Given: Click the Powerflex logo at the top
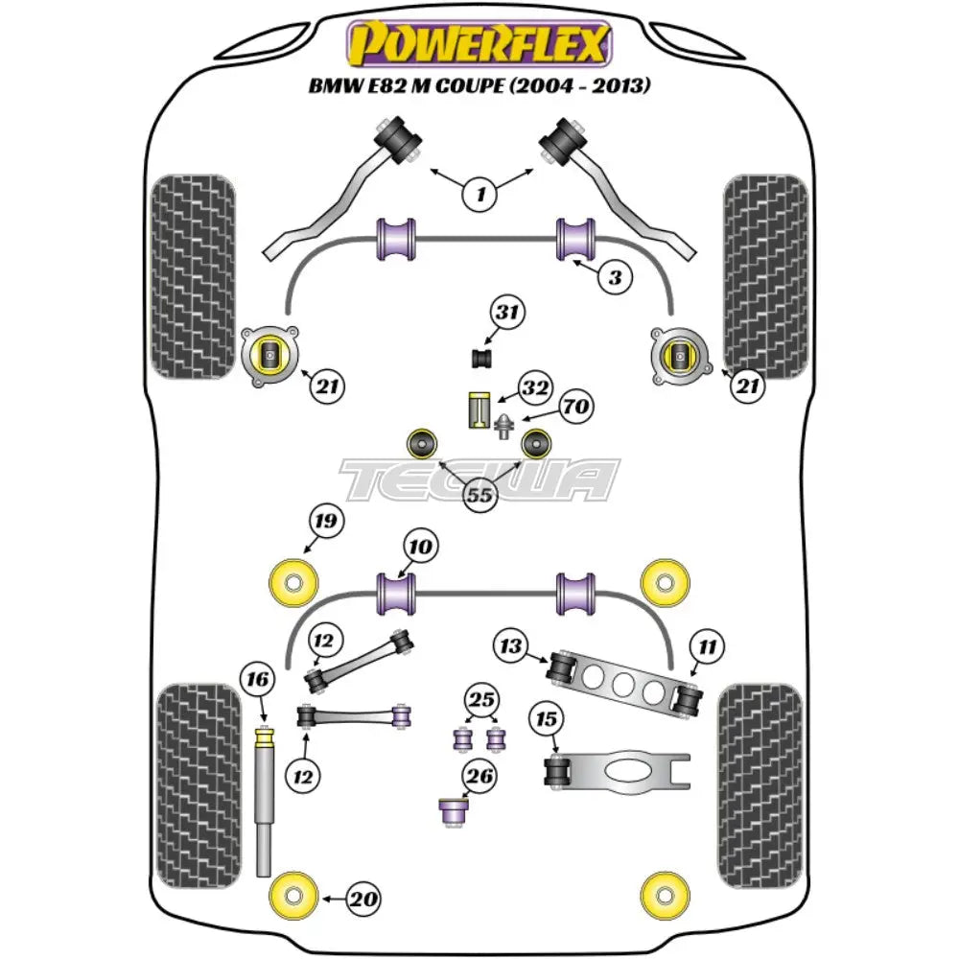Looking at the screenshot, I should (479, 43).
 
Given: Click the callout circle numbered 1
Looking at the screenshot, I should (479, 196).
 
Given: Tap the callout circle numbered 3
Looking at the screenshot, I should (616, 279).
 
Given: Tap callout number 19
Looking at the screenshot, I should (325, 523).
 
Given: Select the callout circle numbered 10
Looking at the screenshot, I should (420, 548).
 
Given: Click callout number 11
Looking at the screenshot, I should (708, 646).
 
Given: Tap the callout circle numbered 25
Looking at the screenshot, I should (479, 697).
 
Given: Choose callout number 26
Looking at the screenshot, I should (481, 776).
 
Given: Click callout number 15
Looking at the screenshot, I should (547, 718).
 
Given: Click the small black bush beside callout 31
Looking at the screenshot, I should (481, 359).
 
